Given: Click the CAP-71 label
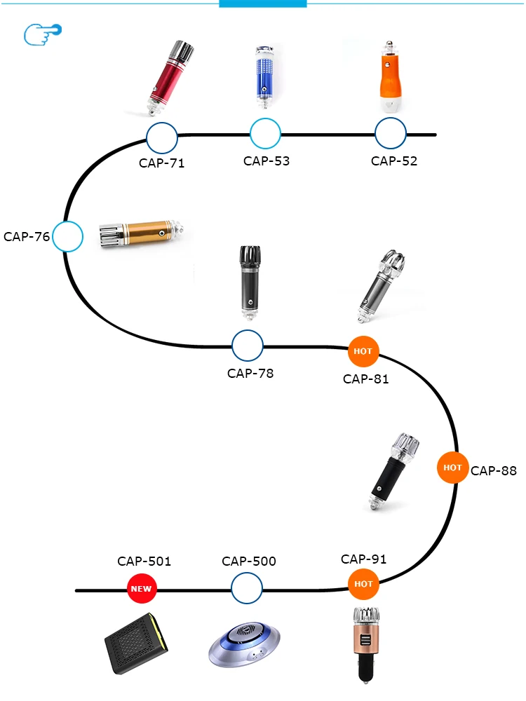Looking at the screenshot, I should point(162,163).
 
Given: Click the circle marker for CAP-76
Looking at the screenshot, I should point(68,237).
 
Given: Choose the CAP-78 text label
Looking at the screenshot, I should point(250,373).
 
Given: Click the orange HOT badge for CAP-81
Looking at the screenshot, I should point(363,350).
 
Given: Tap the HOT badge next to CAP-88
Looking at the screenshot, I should point(452,467).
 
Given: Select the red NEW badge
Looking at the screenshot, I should point(141,589).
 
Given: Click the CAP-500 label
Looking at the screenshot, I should point(249,562).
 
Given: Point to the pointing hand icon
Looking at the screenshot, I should point(43,33).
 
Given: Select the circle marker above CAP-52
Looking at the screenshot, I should point(391,133).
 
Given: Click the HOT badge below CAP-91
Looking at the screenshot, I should point(363,583).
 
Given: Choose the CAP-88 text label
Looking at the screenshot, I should point(494,470).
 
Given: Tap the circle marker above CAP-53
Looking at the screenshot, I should point(266,133).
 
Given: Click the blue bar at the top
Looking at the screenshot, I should point(263,4).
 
